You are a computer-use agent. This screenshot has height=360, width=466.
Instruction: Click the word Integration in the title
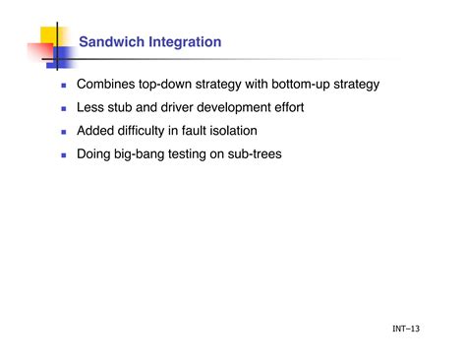pyautogui.click(x=183, y=41)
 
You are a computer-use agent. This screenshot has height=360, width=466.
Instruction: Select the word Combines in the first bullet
pyautogui.click(x=107, y=85)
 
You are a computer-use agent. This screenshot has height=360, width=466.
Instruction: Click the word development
pyautogui.click(x=259, y=107)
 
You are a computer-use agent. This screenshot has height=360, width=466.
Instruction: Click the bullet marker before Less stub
pyautogui.click(x=63, y=108)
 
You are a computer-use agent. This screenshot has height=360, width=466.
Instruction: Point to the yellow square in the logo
pyautogui.click(x=50, y=36)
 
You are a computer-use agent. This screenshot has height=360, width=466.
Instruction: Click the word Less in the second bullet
pyautogui.click(x=93, y=107)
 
